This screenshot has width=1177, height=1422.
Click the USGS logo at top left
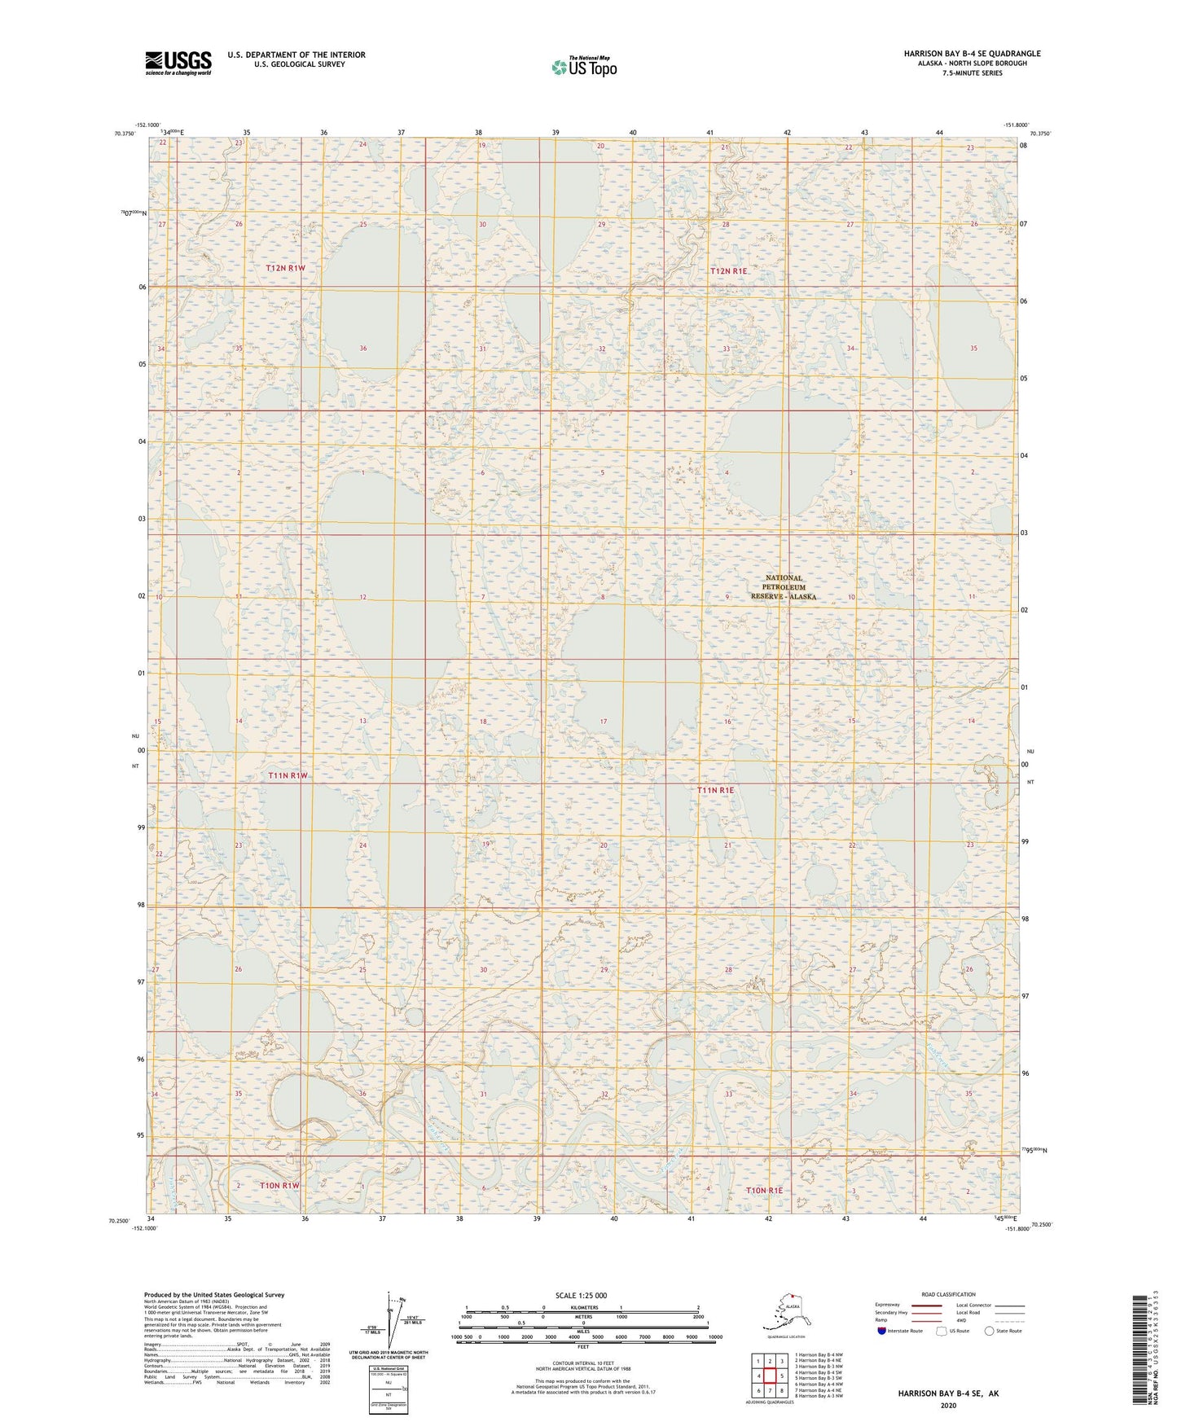click(x=178, y=63)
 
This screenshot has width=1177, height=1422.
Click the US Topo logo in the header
click(x=583, y=67)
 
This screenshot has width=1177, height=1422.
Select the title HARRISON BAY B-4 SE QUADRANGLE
click(x=971, y=54)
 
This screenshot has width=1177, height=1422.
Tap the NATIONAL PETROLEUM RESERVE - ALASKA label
click(x=784, y=587)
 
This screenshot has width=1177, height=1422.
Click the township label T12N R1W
click(x=285, y=268)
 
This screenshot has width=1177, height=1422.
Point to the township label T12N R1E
click(x=728, y=271)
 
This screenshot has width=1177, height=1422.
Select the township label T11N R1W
click(x=288, y=775)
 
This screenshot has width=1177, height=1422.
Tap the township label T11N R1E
click(x=716, y=790)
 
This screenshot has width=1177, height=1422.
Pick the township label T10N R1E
click(x=764, y=1191)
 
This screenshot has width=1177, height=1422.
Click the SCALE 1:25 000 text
click(x=582, y=1296)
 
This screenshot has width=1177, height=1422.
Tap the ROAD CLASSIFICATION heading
click(x=948, y=1294)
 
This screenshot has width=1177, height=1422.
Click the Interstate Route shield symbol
click(x=881, y=1331)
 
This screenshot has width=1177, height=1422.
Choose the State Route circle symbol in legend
click(x=990, y=1331)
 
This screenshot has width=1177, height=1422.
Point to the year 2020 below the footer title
click(x=948, y=1405)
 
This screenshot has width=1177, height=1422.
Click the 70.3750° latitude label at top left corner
click(x=125, y=134)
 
